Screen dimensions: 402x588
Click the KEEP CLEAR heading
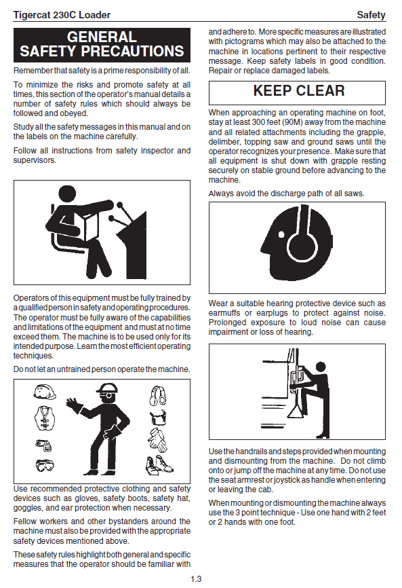(299, 91)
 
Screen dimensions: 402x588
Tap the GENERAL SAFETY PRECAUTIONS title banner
(102, 45)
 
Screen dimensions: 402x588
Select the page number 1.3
(196, 579)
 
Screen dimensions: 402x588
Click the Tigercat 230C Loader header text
(62, 15)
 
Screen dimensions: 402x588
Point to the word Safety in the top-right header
(371, 15)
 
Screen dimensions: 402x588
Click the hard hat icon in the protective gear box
(45, 392)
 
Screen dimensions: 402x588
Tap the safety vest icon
(45, 418)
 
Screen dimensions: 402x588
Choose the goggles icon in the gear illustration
(45, 465)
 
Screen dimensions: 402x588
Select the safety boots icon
(159, 465)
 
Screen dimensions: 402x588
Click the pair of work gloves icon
(157, 440)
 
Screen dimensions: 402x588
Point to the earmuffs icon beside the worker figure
(157, 396)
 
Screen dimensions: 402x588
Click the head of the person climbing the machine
(321, 367)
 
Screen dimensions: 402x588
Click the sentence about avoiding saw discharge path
(286, 194)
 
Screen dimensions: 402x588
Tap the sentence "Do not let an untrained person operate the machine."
(102, 369)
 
